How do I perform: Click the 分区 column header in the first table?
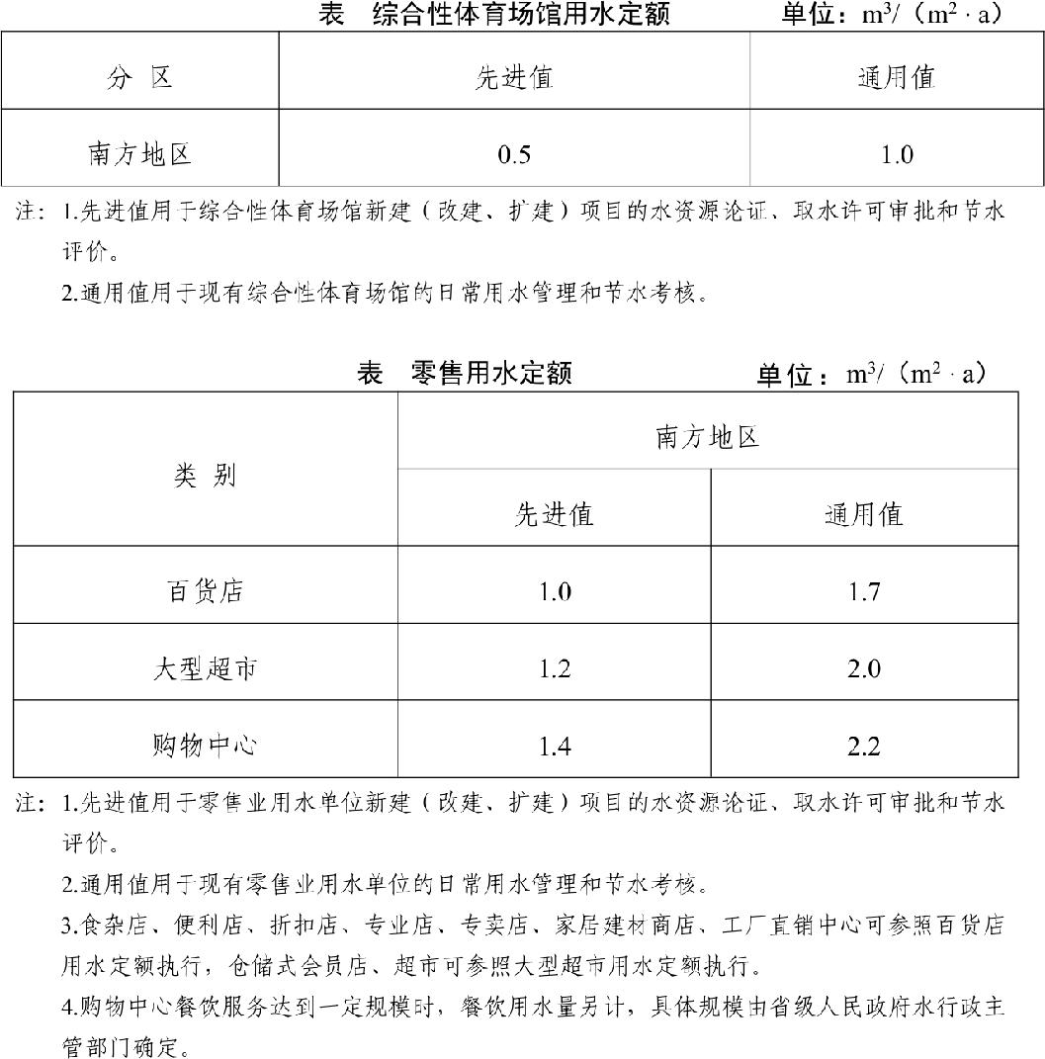139,77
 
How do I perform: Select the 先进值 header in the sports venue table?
514,77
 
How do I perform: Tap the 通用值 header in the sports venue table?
897,77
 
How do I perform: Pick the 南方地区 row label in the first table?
139,155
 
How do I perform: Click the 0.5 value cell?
514,155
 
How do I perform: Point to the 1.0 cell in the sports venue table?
897,155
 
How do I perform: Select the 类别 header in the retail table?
206,476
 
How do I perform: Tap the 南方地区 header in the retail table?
708,437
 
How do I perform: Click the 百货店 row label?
206,591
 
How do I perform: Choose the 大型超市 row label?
206,669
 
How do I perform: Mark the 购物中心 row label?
206,746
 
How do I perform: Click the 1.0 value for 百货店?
555,591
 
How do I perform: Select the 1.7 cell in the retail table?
864,591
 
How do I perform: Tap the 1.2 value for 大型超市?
555,669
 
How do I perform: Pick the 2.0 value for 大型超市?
864,669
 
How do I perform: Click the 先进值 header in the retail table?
555,514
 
